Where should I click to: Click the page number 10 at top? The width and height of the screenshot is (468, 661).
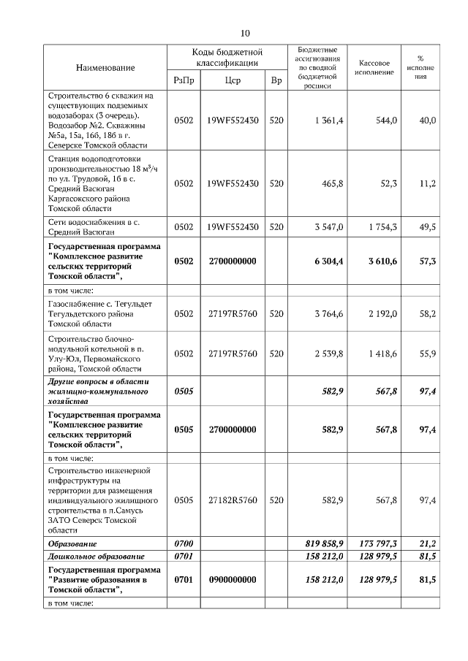pos(245,33)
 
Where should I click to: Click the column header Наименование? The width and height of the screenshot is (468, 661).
pos(105,68)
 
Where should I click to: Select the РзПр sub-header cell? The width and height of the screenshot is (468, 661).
pos(183,81)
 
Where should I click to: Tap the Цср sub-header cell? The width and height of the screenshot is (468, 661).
pos(232,81)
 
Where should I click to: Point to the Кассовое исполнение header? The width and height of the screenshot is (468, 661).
pos(375,68)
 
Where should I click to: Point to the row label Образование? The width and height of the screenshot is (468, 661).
pos(72,544)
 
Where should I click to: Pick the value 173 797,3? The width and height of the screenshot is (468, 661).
pos(377,544)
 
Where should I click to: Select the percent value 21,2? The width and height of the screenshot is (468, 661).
pos(427,544)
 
